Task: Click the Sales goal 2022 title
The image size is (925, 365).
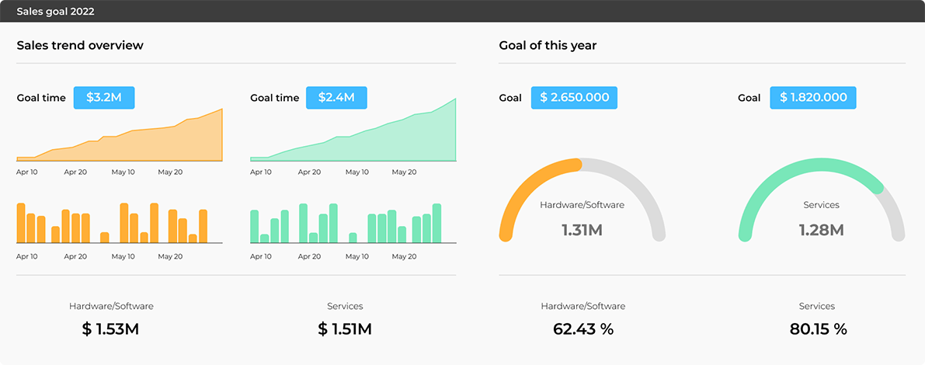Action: pos(56,12)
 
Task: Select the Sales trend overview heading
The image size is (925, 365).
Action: pos(80,45)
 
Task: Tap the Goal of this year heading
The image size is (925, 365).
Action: pos(548,45)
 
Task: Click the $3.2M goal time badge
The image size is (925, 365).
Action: pos(104,98)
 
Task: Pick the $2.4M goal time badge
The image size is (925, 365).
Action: pos(336,98)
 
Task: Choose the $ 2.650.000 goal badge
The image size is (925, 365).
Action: pos(574,98)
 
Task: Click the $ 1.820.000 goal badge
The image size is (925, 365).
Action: pos(813,98)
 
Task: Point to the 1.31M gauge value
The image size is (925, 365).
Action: pos(582,230)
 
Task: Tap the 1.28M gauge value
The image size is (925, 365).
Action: pos(821,230)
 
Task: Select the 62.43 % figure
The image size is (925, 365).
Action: pos(583,329)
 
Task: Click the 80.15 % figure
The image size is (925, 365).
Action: pos(818,329)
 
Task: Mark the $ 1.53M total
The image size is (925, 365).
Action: pos(110,329)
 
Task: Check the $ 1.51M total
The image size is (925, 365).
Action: pos(345,329)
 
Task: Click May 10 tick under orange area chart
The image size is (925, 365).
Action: pos(123,172)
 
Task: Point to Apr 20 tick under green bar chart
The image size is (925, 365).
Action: pos(308,256)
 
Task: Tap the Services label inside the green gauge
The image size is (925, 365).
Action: pos(821,205)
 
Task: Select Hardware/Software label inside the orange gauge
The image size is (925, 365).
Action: pos(582,205)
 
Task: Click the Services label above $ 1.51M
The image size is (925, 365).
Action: pos(345,306)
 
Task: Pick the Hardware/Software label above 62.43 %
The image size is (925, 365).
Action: pos(583,306)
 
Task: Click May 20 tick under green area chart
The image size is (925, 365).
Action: pos(403,172)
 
